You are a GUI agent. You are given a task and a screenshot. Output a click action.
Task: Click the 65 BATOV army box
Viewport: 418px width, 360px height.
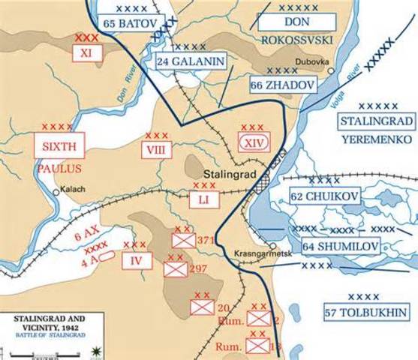tap(130, 24)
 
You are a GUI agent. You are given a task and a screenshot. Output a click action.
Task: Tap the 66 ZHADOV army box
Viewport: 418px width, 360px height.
tap(282, 85)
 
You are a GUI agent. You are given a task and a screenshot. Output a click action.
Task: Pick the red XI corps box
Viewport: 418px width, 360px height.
tap(86, 52)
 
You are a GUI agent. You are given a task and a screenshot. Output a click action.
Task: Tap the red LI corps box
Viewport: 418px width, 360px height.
tap(204, 199)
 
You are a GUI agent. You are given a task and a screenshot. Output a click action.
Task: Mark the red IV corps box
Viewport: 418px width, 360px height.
tap(137, 260)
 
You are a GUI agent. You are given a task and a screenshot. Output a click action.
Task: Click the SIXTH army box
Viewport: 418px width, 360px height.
tap(59, 145)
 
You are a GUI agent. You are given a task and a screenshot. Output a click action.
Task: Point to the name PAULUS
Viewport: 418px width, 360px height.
tap(58, 169)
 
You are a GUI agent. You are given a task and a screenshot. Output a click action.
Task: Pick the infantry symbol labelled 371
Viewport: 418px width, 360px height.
tap(183, 240)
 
